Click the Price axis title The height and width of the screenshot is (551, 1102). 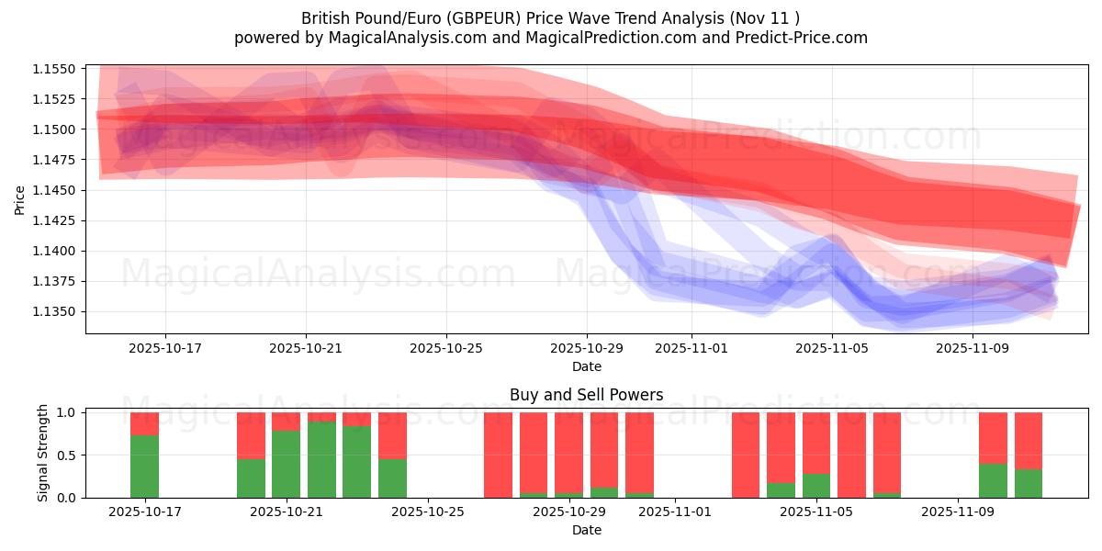pyautogui.click(x=20, y=199)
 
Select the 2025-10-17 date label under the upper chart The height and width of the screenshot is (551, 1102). pyautogui.click(x=165, y=349)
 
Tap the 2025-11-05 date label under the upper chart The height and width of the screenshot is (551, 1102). pyautogui.click(x=832, y=349)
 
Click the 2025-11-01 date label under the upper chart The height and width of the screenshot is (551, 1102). pyautogui.click(x=692, y=349)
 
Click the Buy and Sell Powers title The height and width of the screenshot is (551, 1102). pyautogui.click(x=586, y=396)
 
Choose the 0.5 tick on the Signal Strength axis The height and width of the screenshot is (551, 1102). pyautogui.click(x=67, y=455)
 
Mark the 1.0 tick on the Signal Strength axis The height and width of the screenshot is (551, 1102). pyautogui.click(x=67, y=412)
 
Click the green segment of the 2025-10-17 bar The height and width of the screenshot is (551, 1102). pyautogui.click(x=144, y=467)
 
